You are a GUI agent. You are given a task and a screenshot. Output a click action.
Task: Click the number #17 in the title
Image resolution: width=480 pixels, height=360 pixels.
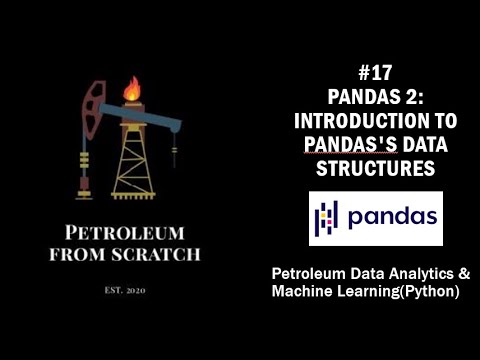[375, 73]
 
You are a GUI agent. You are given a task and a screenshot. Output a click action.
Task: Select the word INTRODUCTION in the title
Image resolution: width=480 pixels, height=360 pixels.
[355, 121]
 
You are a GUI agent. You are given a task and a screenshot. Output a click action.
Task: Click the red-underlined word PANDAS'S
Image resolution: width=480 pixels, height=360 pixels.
[346, 145]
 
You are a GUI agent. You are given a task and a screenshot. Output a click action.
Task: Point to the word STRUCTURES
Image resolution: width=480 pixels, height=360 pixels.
[375, 169]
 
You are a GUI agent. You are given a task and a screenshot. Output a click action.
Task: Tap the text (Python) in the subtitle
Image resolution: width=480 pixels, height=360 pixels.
[427, 292]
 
